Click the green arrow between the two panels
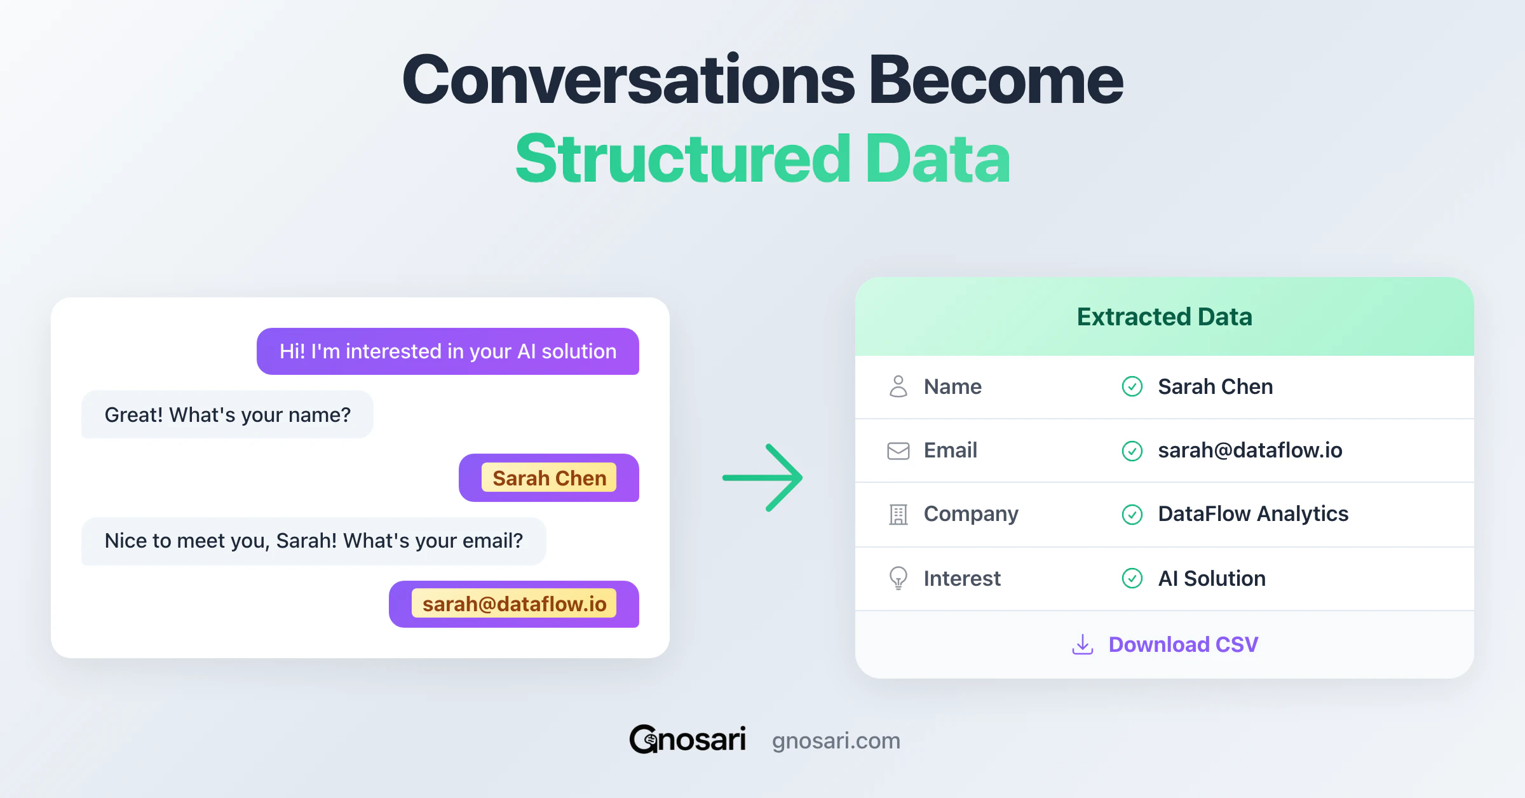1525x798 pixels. [762, 478]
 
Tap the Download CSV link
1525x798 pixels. [1183, 644]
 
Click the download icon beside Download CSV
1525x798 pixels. [1082, 644]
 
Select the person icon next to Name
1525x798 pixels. [898, 386]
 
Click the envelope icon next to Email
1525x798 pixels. [898, 450]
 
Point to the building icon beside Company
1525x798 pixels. [898, 514]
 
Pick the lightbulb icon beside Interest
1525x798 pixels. [898, 578]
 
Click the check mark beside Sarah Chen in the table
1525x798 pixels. [1132, 386]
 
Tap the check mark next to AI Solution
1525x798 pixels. [1132, 578]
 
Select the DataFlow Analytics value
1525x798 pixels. [1252, 514]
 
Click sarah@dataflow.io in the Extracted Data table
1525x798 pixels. [1250, 450]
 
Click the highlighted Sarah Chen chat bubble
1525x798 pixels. [549, 478]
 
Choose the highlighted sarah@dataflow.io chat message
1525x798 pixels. [514, 604]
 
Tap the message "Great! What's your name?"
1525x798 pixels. [227, 415]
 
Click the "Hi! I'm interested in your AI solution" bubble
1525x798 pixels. [447, 351]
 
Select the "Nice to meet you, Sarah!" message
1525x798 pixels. [313, 541]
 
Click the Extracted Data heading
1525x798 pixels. [1164, 316]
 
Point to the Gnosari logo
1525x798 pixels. [688, 740]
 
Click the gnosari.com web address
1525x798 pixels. [836, 741]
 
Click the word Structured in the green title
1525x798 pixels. [682, 159]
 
